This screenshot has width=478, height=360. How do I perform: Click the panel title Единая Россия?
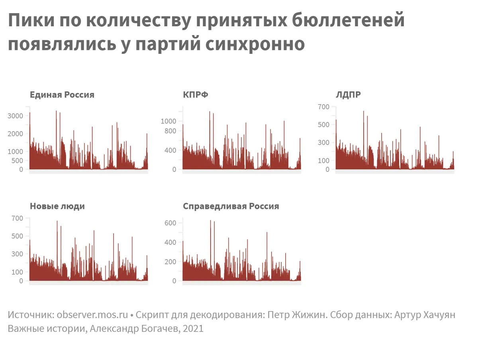point(62,95)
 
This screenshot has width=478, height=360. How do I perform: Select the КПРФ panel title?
point(196,95)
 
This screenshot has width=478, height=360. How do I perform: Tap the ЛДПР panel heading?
point(349,95)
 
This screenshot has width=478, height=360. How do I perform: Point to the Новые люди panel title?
point(57,206)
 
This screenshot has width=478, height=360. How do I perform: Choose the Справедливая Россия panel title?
point(231,206)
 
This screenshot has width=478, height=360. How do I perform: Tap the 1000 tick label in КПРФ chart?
point(168,121)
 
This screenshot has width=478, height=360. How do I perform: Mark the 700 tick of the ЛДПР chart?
point(323,106)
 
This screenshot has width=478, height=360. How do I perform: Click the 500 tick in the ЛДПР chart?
point(323,124)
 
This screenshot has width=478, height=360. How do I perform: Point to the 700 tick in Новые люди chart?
point(18,218)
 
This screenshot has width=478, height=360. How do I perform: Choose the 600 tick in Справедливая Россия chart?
point(170,223)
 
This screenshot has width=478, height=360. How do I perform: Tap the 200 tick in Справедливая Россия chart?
point(170,262)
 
